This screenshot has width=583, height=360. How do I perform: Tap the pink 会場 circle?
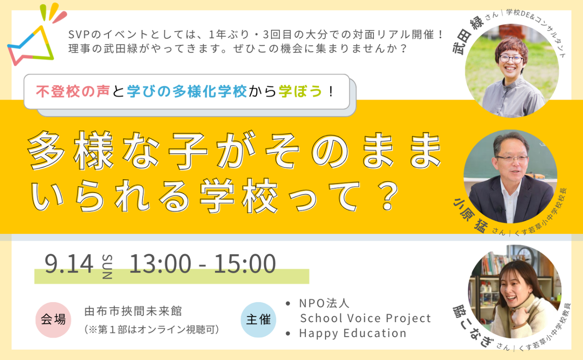pyautogui.click(x=53, y=320)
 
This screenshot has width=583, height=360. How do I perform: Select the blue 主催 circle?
pyautogui.click(x=258, y=320)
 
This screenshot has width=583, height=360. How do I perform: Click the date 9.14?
pyautogui.click(x=69, y=264)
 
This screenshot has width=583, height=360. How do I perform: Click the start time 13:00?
pyautogui.click(x=160, y=264)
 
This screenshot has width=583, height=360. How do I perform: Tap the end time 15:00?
pyautogui.click(x=245, y=264)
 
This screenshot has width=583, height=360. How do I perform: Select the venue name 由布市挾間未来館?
pyautogui.click(x=133, y=311)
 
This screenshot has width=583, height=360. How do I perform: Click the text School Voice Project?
pyautogui.click(x=365, y=318)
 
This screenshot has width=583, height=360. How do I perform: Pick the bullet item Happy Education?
pyautogui.click(x=352, y=333)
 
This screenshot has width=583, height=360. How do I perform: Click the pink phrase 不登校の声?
pyautogui.click(x=73, y=92)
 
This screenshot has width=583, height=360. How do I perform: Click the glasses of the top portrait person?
pyautogui.click(x=511, y=59)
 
